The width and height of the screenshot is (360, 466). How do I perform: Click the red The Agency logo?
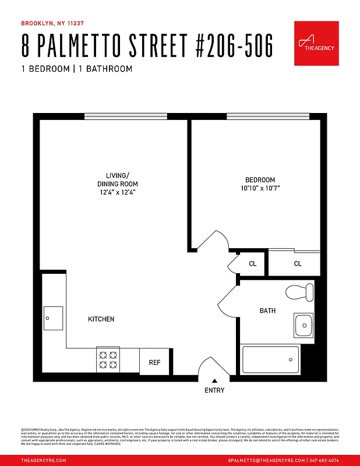(x=316, y=43)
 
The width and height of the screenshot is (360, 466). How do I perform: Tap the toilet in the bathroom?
(x=300, y=292)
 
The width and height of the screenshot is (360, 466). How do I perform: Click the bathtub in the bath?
(x=270, y=359)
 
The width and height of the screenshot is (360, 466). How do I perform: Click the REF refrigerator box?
(x=154, y=362)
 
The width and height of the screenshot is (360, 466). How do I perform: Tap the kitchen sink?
(x=53, y=318)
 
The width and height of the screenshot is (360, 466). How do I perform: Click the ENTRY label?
(x=214, y=390)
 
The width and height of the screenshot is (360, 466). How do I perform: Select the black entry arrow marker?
(x=214, y=380)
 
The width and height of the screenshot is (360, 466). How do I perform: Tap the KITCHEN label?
(x=101, y=319)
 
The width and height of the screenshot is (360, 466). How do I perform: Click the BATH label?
(x=267, y=310)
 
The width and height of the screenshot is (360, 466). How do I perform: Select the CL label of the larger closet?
(x=298, y=264)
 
